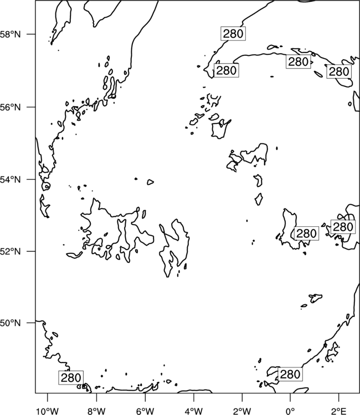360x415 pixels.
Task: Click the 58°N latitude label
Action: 11,34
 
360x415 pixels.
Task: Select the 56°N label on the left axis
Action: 11,107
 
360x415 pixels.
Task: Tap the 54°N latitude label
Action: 11,179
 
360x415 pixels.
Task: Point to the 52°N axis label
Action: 11,251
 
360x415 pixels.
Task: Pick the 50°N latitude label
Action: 11,323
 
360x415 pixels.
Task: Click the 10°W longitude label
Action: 48,411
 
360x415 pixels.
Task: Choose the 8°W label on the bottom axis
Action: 96,411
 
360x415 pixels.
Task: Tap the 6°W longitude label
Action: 145,411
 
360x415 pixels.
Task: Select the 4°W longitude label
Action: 193,411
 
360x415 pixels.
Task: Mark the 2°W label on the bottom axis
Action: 242,411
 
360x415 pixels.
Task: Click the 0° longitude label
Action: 290,411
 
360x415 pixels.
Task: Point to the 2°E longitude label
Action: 339,411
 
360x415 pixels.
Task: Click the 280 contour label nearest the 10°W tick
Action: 71,378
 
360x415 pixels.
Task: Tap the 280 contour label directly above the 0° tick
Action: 290,374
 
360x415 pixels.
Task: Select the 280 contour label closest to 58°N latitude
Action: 233,34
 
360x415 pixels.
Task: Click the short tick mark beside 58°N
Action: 31,34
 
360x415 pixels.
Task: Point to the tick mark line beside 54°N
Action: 31,179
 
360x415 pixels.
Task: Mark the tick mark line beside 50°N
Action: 31,323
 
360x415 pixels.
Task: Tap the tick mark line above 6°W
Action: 145,397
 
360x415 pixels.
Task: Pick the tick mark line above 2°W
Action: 242,397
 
